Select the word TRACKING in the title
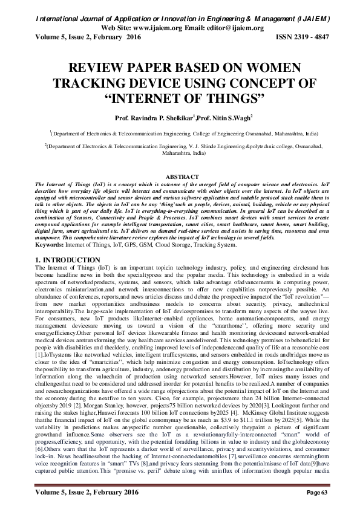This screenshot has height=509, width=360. (x=101, y=83)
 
